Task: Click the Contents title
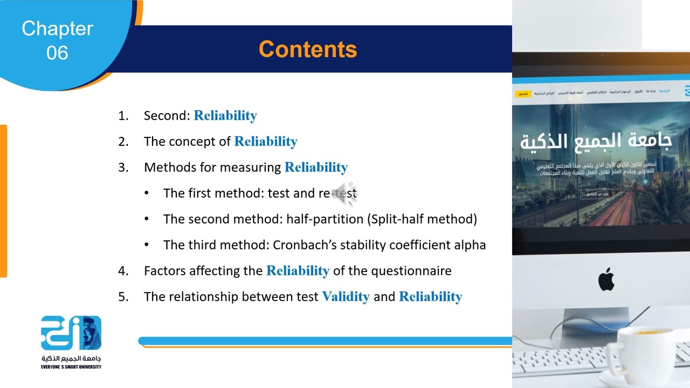pos(308,49)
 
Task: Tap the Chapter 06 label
pos(57,40)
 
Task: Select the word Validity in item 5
pos(346,297)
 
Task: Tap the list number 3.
pos(123,168)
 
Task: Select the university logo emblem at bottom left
pos(71,332)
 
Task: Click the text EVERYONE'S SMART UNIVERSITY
pos(71,367)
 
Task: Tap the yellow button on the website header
pos(522,94)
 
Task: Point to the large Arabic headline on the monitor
pos(596,141)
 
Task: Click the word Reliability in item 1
pos(225,116)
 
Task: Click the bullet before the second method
pos(147,219)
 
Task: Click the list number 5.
pos(123,297)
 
